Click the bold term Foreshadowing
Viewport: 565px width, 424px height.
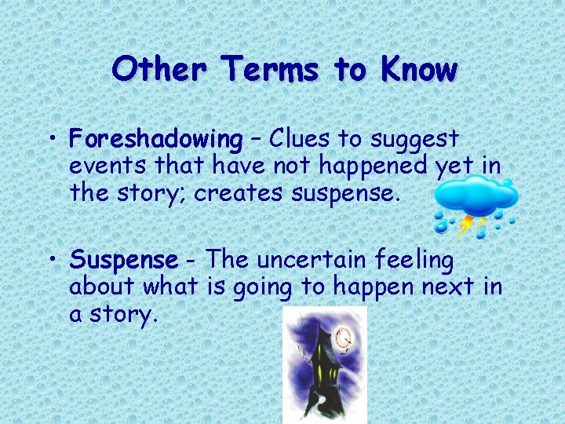(x=155, y=141)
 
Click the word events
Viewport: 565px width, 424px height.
(x=109, y=166)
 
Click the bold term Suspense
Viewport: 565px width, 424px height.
(x=124, y=260)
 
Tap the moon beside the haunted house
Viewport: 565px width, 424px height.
(x=343, y=339)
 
